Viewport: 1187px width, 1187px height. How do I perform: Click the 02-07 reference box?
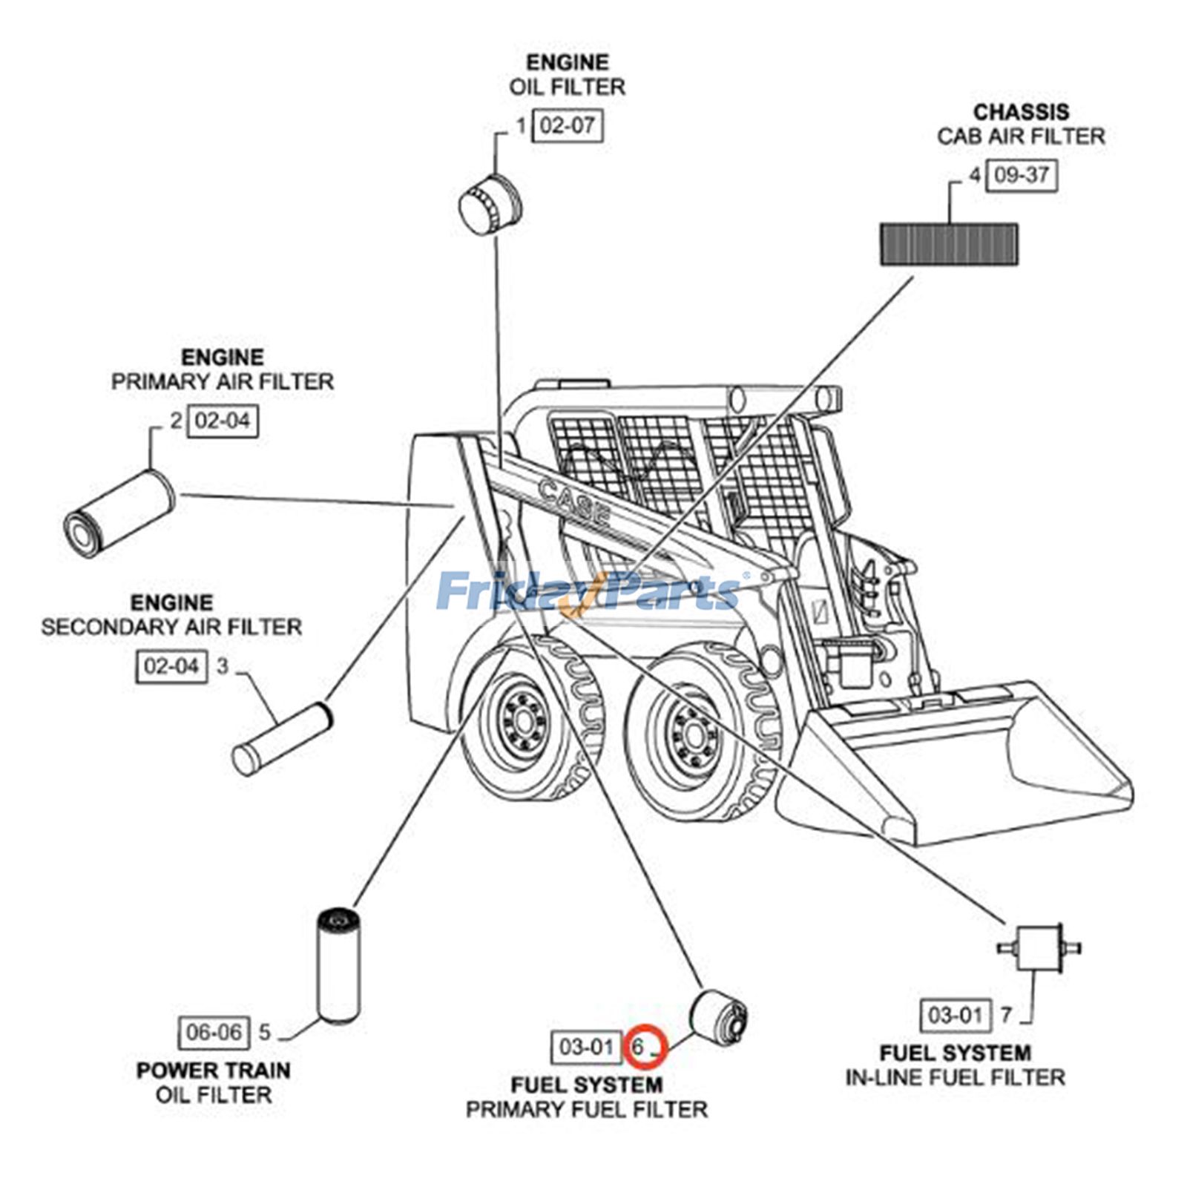click(568, 126)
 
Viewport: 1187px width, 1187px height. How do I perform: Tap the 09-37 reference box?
click(1021, 176)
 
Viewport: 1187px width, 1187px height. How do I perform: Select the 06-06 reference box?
click(213, 1032)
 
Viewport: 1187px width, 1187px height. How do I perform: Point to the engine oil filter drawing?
click(490, 204)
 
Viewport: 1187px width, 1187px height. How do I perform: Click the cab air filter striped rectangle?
click(949, 244)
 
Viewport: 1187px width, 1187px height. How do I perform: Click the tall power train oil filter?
click(338, 967)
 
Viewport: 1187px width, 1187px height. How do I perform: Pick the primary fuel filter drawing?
click(719, 1015)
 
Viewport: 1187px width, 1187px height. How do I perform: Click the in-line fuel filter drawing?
click(1038, 948)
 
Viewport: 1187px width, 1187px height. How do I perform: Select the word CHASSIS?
click(1021, 112)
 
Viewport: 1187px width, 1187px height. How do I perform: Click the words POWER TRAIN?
click(213, 1071)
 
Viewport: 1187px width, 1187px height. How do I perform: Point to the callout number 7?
click(1006, 1013)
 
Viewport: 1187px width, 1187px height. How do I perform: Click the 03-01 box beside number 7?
click(955, 1014)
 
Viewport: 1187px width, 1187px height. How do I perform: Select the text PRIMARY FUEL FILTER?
click(586, 1109)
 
